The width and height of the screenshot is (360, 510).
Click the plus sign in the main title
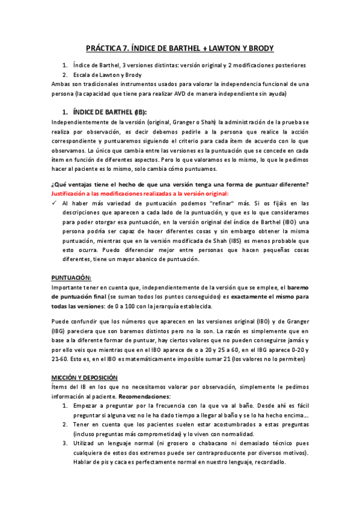pos(210,48)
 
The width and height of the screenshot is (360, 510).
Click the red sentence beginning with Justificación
pos(139,193)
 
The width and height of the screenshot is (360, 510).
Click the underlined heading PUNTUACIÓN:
pos(72,278)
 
